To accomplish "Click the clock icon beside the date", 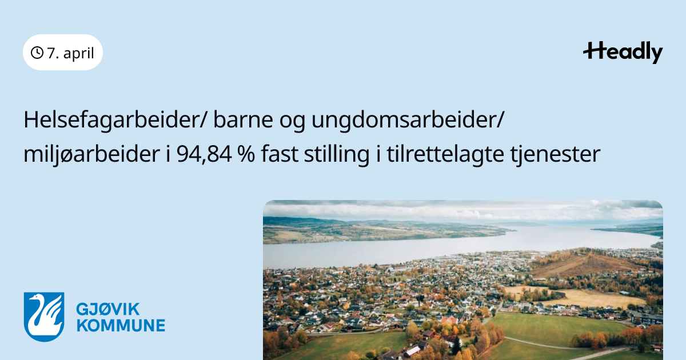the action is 37,53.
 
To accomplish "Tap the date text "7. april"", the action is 70,53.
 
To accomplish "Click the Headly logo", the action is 623,53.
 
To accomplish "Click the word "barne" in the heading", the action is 243,120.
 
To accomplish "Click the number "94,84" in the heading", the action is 204,154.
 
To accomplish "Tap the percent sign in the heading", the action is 246,154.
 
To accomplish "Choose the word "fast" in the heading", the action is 280,154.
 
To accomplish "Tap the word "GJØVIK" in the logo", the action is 108,309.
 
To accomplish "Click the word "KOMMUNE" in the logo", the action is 121,325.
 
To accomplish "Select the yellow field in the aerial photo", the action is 582,297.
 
